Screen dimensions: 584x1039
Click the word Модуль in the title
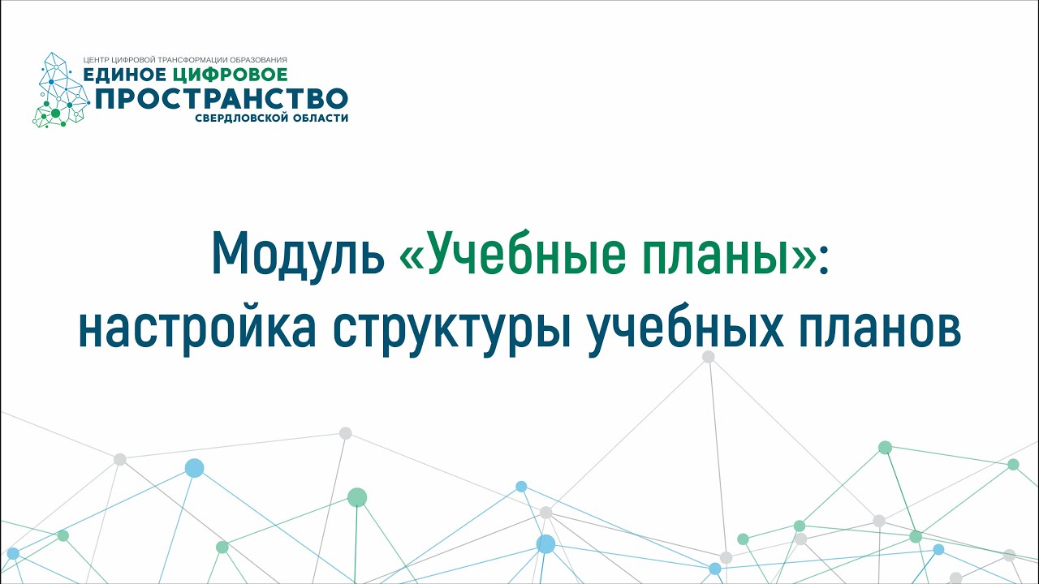click(x=297, y=255)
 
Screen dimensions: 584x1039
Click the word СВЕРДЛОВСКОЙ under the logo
click(x=244, y=118)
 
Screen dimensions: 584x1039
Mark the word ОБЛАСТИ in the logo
click(x=321, y=118)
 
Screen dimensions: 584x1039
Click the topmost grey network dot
click(x=709, y=356)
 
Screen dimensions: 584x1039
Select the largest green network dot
click(x=357, y=497)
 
